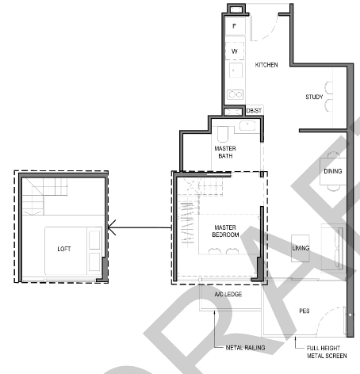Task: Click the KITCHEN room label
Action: tap(266, 65)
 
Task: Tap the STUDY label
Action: tap(314, 97)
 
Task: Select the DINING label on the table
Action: tap(333, 171)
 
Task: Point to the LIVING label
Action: tap(301, 248)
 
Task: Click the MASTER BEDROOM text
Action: tap(225, 231)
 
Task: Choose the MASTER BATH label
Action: tap(225, 152)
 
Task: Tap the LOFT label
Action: tap(64, 249)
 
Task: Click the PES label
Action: tap(304, 311)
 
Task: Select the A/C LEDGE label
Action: tap(228, 294)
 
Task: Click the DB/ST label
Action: tap(254, 111)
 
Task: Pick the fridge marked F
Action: tap(235, 26)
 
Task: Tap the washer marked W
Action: tap(235, 52)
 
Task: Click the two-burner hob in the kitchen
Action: tap(236, 94)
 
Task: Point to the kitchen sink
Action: tap(236, 71)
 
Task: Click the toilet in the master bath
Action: tap(223, 134)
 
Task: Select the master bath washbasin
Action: tap(247, 125)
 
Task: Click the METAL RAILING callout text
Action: tap(245, 348)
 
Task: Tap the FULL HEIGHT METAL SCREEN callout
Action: tap(327, 352)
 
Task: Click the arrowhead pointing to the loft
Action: tap(112, 227)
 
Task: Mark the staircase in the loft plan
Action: tap(44, 196)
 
